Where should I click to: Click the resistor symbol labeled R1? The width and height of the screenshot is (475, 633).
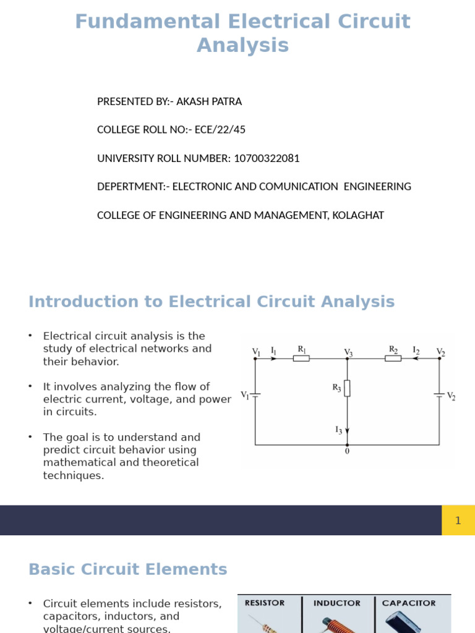click(301, 358)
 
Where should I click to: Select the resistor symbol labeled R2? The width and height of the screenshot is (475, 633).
click(393, 358)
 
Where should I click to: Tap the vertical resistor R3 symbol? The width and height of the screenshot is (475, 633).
click(347, 388)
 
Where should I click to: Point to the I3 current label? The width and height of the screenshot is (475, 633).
click(338, 430)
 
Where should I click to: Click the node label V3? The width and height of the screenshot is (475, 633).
click(349, 352)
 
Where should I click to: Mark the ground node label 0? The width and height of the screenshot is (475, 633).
click(347, 451)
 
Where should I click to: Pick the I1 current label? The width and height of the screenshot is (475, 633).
click(273, 351)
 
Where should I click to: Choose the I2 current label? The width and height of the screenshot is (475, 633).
click(416, 350)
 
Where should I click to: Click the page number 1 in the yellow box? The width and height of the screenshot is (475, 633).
click(458, 520)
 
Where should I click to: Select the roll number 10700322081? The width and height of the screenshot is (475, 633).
click(266, 158)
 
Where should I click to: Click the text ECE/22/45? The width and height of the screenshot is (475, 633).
click(220, 130)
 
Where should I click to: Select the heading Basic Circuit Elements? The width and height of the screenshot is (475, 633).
click(128, 569)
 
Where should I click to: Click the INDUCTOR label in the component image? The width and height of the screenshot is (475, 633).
click(337, 603)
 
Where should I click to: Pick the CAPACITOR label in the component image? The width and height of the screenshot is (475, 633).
click(409, 603)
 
